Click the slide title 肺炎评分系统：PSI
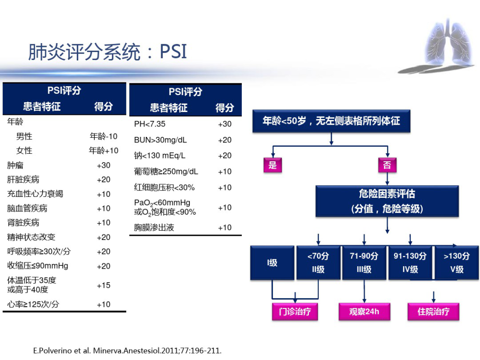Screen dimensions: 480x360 coord(107,52)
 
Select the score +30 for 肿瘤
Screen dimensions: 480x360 coord(104,165)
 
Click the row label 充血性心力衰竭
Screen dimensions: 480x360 coord(35,194)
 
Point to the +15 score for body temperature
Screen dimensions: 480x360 coord(104,285)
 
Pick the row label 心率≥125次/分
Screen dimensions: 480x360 coord(33,304)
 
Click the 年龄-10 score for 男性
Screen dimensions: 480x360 coord(104,136)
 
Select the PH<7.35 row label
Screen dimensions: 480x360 coord(150,124)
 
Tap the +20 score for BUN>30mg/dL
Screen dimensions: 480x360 coord(225,140)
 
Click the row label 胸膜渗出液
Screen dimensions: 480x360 coord(154,227)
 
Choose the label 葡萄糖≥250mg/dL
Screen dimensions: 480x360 coord(166,172)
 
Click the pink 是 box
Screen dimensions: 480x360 coord(273,165)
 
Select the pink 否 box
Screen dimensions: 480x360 coord(387,165)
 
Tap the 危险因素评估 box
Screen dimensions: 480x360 coord(387,201)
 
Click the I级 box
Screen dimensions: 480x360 coord(272,262)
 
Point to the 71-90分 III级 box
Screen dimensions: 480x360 coord(364,262)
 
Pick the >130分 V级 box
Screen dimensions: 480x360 coord(457,262)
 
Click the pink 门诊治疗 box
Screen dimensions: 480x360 coord(295,312)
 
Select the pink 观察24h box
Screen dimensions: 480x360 coord(364,312)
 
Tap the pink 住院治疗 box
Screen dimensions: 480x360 coord(434,312)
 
